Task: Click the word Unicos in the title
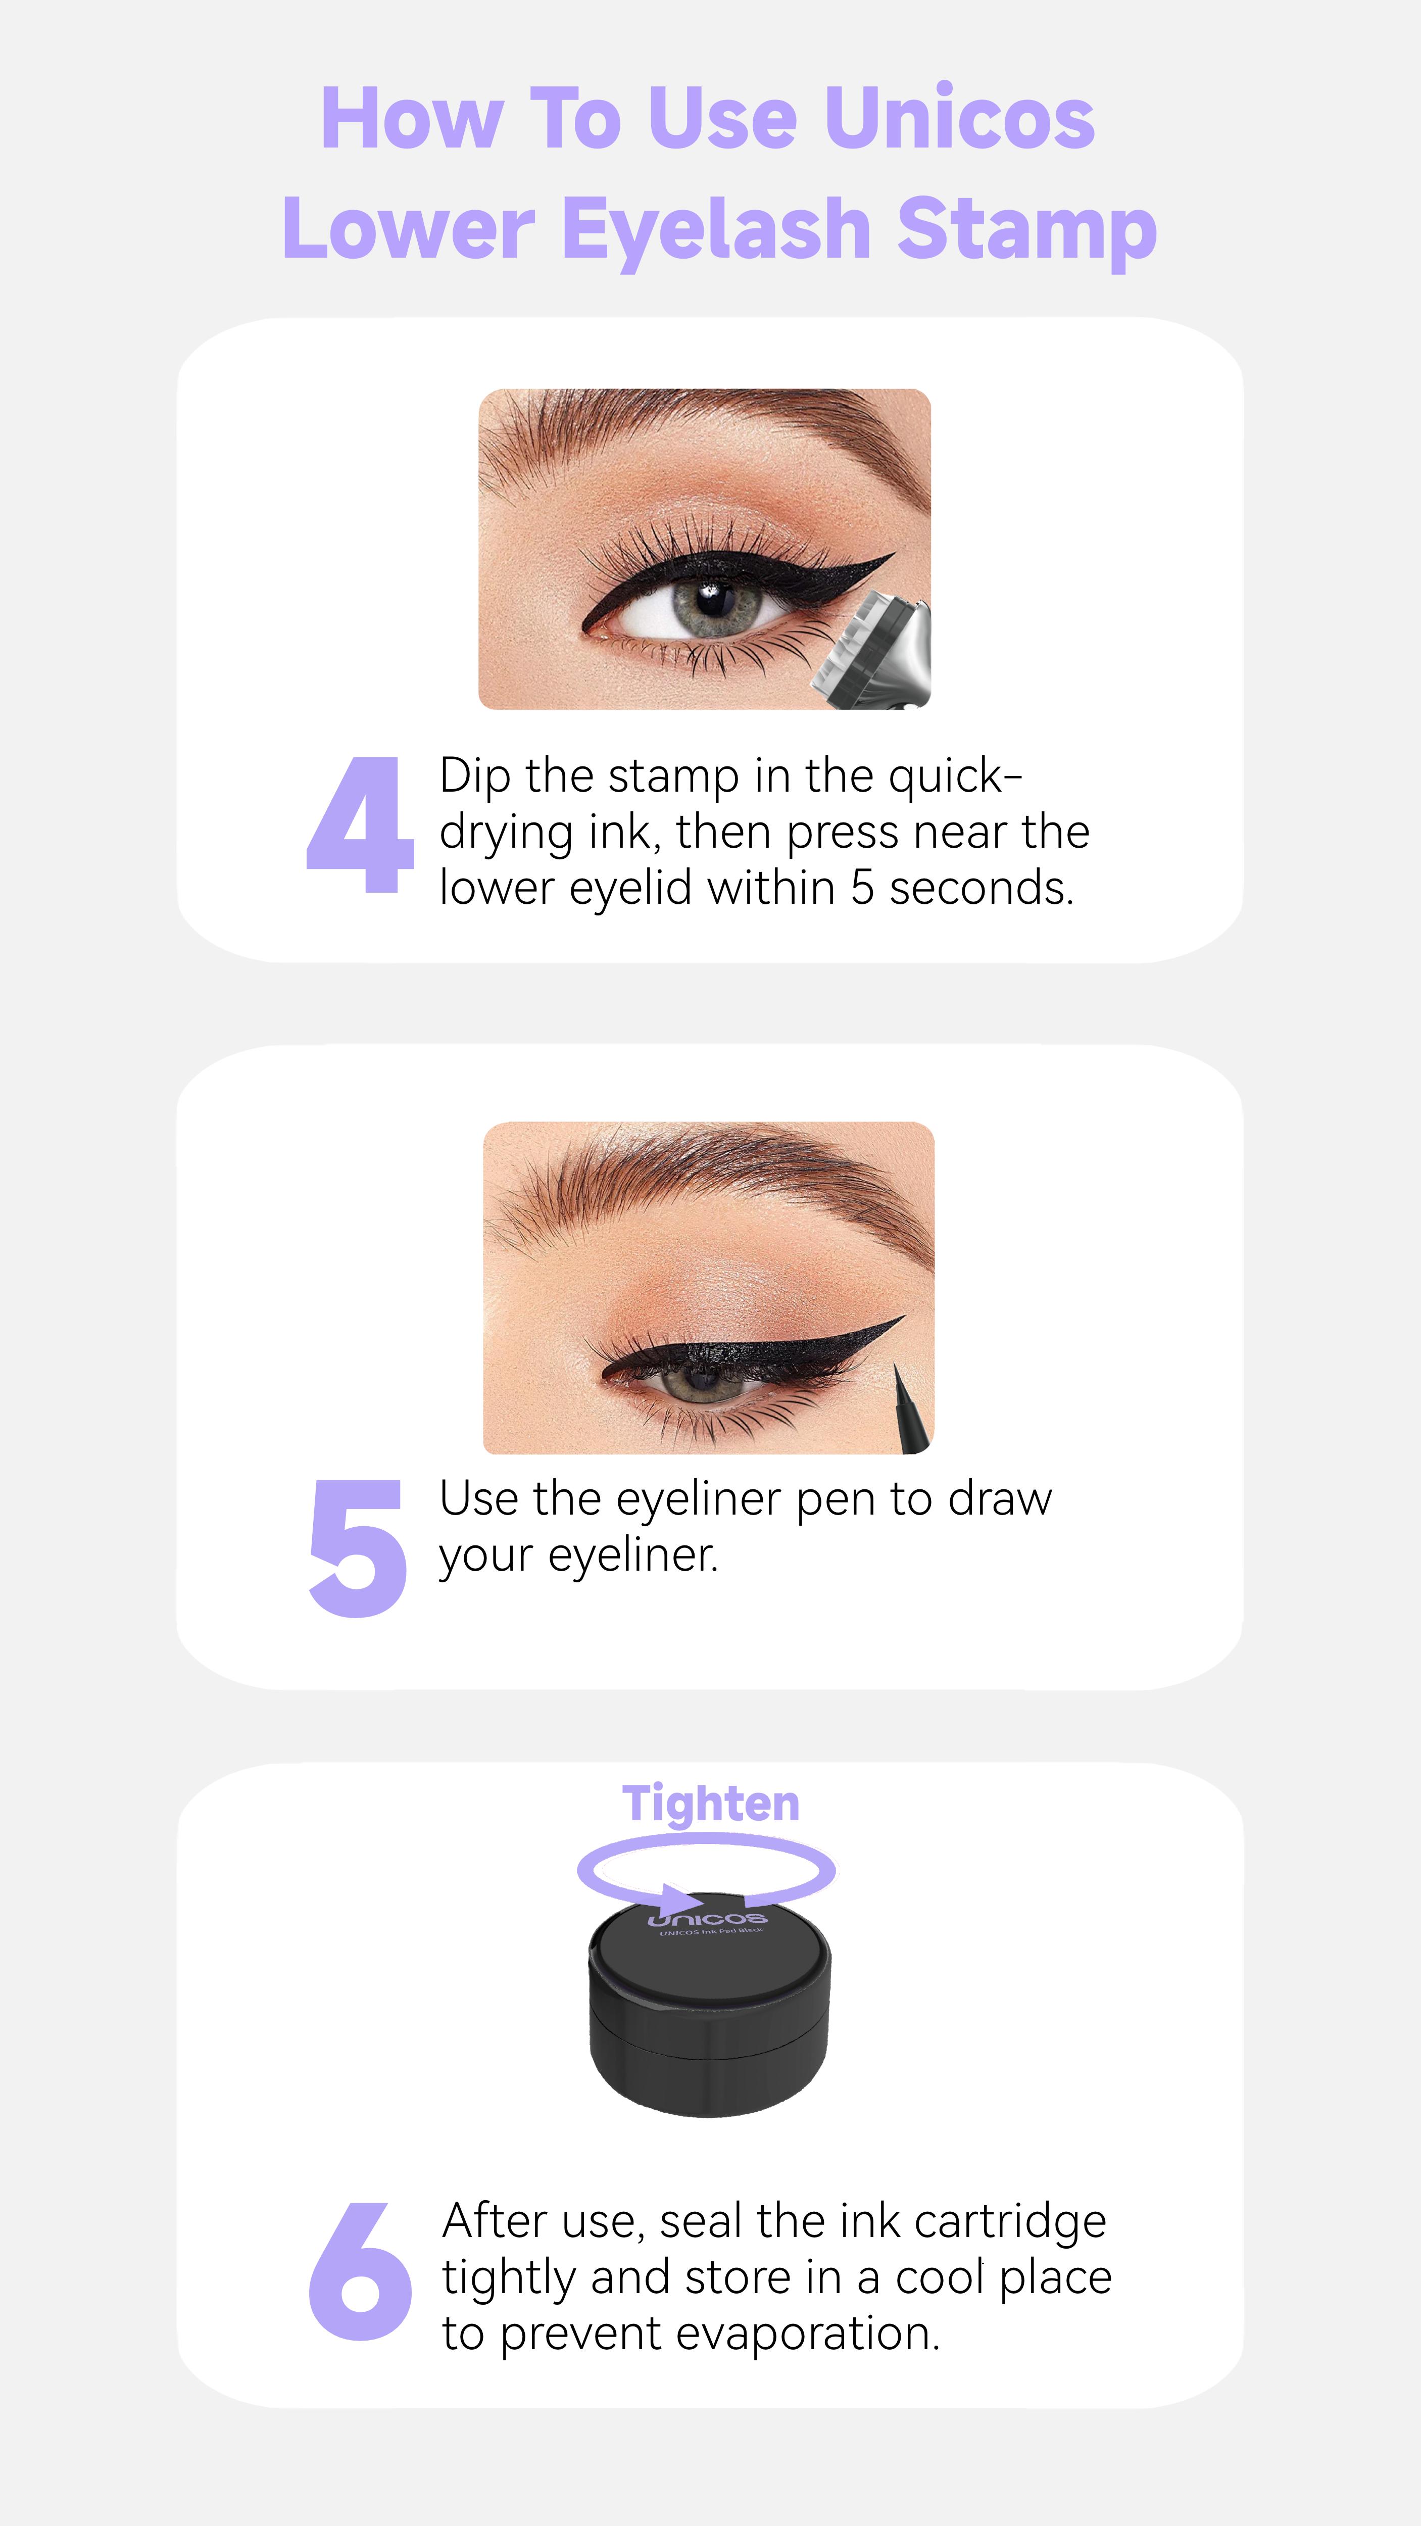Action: [x=959, y=120]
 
